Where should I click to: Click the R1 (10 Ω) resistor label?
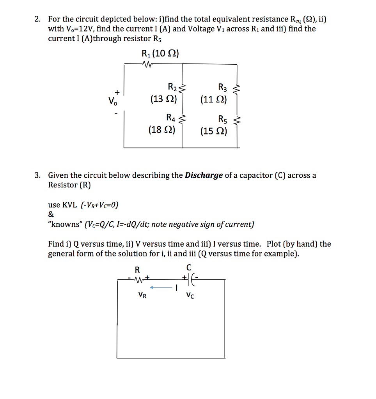[x=160, y=54]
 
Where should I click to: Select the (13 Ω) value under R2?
[x=163, y=99]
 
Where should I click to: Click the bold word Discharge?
[x=204, y=175]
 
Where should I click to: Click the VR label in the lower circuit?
[x=142, y=296]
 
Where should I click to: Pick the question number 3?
[x=37, y=175]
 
